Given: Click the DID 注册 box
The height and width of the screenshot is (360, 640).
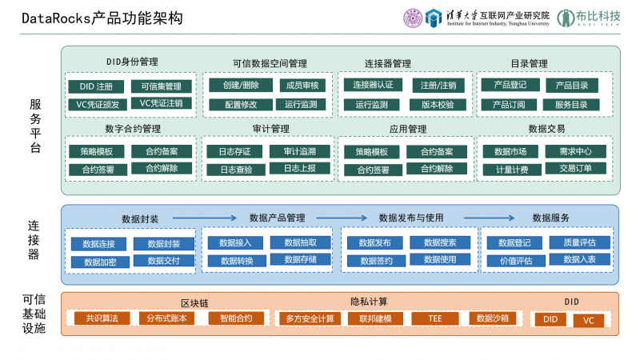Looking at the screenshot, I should pos(96,86).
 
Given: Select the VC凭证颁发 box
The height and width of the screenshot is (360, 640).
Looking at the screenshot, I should pos(96,104).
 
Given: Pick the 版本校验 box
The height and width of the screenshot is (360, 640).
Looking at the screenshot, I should pos(437,104).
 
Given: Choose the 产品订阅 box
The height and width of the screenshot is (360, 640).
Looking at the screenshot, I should pos(509,104).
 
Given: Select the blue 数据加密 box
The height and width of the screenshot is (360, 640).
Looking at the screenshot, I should pos(98,262).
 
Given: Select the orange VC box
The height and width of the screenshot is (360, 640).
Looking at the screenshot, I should pos(588,320).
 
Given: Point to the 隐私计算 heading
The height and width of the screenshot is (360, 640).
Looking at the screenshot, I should pos(369,302).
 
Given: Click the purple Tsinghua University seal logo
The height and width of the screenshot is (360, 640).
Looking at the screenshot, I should pos(413,17).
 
